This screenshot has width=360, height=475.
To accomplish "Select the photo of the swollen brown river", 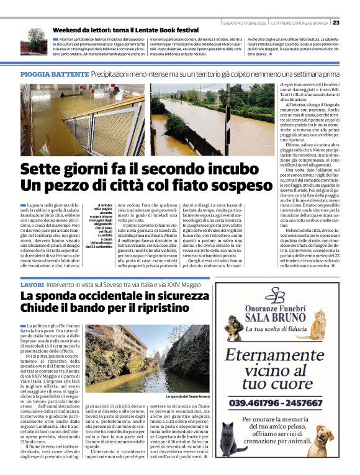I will (x=212, y=120).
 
